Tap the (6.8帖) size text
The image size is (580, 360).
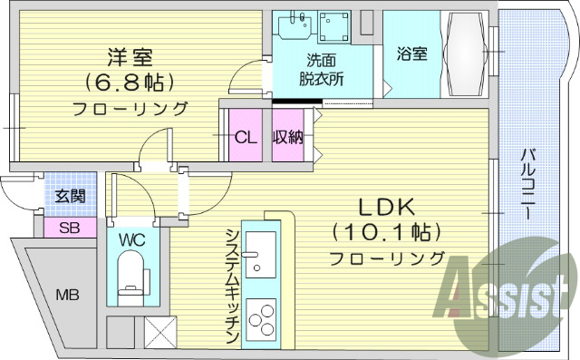(130, 82)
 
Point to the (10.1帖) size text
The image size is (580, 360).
(387, 231)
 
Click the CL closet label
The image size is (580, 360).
(245, 138)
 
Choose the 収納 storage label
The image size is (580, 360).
(289, 138)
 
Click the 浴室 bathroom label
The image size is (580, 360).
(411, 54)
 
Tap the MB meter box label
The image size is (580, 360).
(68, 295)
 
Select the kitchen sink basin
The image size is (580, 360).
(261, 253)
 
